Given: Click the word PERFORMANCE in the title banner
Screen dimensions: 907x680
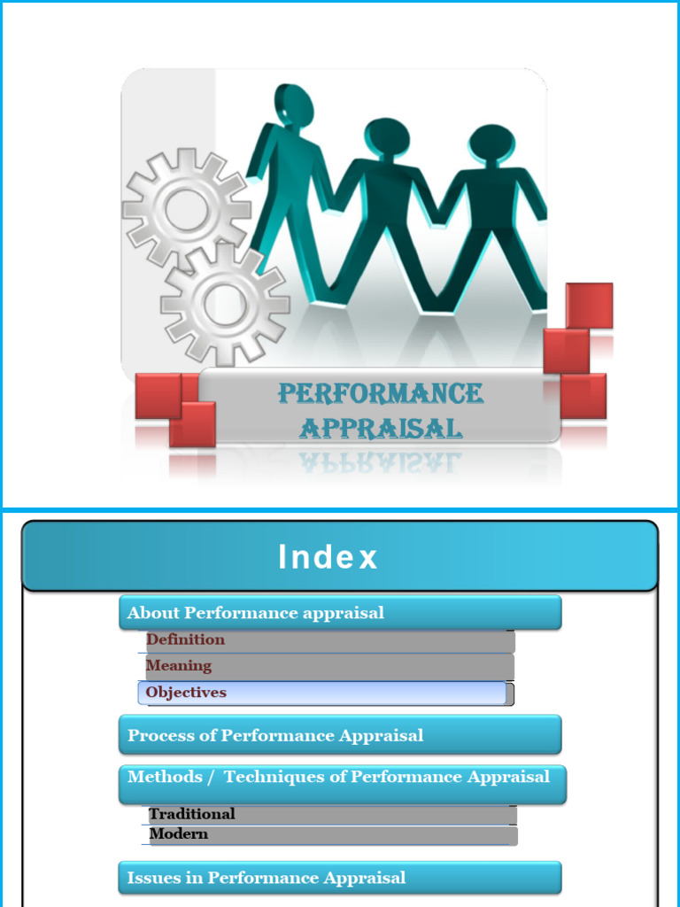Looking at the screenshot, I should [x=381, y=393].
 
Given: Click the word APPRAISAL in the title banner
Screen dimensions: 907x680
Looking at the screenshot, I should [x=381, y=429].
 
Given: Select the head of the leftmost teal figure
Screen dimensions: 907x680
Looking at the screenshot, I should [x=295, y=105].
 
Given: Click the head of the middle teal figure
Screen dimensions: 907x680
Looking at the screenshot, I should [x=387, y=137].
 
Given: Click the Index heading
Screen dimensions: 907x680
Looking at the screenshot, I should [x=328, y=557].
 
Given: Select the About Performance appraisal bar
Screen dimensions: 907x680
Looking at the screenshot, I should [x=340, y=613].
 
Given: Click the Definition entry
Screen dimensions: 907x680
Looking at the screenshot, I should [x=186, y=640].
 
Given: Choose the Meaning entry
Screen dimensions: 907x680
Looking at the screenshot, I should [x=179, y=666].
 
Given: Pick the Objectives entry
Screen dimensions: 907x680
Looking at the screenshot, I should [x=187, y=693].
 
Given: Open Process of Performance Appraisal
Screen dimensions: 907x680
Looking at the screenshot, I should [x=340, y=736].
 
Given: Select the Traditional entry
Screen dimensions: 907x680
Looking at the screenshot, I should [x=192, y=814].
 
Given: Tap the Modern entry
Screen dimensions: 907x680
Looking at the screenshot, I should [x=179, y=834].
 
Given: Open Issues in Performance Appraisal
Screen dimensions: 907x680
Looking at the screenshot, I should [x=340, y=878].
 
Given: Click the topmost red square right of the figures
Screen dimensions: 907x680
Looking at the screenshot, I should [x=589, y=306].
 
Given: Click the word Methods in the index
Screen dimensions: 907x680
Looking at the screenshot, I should [x=165, y=777].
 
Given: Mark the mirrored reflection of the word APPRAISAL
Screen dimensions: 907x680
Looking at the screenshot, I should [x=381, y=461].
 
